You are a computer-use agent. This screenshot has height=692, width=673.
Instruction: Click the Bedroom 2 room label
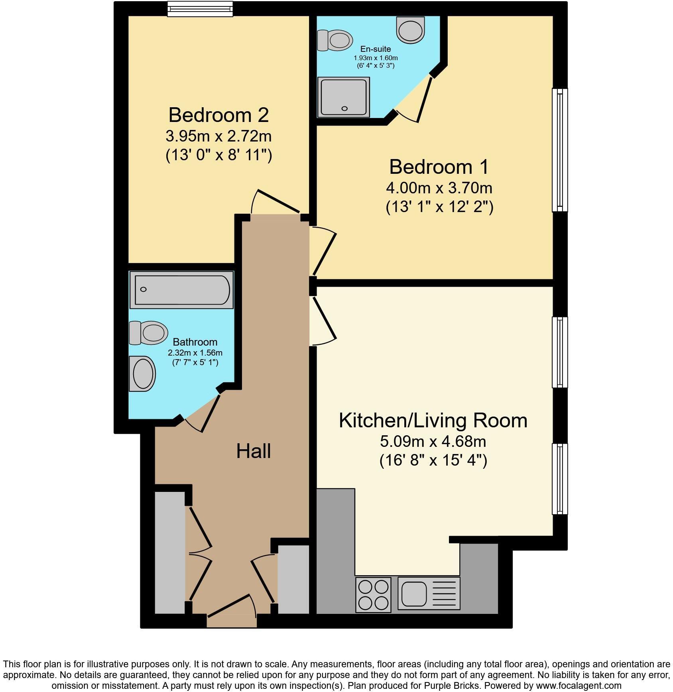click(218, 115)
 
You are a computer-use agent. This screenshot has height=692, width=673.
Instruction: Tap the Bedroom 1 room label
click(439, 167)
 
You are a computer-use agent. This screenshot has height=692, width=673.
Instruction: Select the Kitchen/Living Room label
click(433, 421)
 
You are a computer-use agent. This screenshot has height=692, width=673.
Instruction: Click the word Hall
click(254, 451)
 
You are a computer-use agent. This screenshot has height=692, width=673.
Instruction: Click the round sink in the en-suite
click(411, 30)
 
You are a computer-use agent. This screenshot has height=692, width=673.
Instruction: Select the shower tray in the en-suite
click(343, 97)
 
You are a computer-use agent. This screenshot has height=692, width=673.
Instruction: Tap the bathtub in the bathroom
click(182, 290)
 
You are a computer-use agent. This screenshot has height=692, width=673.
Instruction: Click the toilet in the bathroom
click(149, 333)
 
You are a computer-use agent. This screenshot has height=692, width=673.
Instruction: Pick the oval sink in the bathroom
click(142, 374)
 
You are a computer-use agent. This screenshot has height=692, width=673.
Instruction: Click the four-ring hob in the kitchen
click(373, 594)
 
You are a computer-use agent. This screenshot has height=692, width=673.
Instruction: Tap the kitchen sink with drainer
click(429, 594)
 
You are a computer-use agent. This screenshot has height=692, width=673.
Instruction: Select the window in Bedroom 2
click(200, 9)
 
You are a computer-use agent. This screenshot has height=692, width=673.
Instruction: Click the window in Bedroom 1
click(559, 149)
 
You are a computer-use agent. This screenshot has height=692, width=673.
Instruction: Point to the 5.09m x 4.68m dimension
click(433, 441)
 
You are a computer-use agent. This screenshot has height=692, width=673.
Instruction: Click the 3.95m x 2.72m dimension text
click(218, 136)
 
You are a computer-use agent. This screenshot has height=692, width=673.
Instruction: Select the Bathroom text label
click(195, 342)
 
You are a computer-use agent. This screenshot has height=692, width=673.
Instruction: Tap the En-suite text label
click(376, 49)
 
